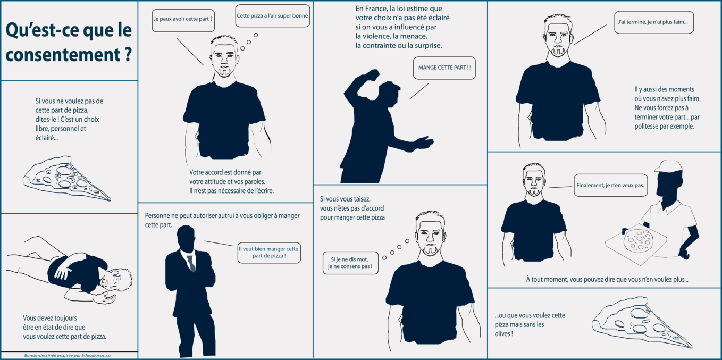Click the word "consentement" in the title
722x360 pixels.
click(x=63, y=54)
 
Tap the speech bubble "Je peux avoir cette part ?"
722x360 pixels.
click(x=183, y=20)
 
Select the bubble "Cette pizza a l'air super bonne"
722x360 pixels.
click(x=272, y=16)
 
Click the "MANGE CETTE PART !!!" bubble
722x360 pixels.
click(x=444, y=68)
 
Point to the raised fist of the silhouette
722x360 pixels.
click(x=373, y=75)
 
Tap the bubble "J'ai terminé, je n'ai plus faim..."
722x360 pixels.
click(x=653, y=22)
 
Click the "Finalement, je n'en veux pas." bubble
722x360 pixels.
click(x=610, y=186)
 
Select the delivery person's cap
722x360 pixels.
click(x=668, y=166)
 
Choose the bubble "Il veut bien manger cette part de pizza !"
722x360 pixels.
click(x=269, y=253)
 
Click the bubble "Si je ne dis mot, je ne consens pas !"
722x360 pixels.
click(x=350, y=263)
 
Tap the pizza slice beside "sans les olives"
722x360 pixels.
click(x=642, y=322)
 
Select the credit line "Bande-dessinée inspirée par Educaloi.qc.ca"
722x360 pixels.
click(x=68, y=356)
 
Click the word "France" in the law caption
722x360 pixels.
click(x=375, y=9)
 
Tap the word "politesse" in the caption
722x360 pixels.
click(x=647, y=127)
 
